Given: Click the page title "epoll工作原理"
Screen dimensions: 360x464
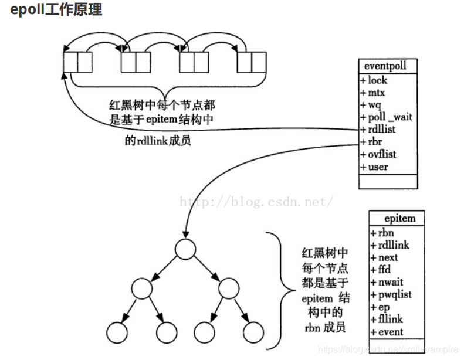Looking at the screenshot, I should pyautogui.click(x=56, y=10).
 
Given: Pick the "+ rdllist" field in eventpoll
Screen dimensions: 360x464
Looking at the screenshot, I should pyautogui.click(x=378, y=129).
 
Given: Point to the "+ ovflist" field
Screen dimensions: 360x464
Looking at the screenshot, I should pyautogui.click(x=378, y=154).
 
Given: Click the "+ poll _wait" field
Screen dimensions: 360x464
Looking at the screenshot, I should pyautogui.click(x=386, y=117).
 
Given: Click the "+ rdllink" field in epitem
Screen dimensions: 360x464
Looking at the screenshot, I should pyautogui.click(x=390, y=245).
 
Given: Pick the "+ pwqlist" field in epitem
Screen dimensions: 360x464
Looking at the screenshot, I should pyautogui.click(x=391, y=294).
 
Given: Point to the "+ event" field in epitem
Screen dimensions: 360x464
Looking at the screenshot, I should pyautogui.click(x=387, y=332).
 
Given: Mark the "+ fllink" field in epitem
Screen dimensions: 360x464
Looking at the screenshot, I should pyautogui.click(x=388, y=320).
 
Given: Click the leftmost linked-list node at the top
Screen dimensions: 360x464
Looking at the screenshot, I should pyautogui.click(x=77, y=62).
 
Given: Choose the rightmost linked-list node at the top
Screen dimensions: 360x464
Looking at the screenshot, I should pyautogui.click(x=252, y=62).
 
